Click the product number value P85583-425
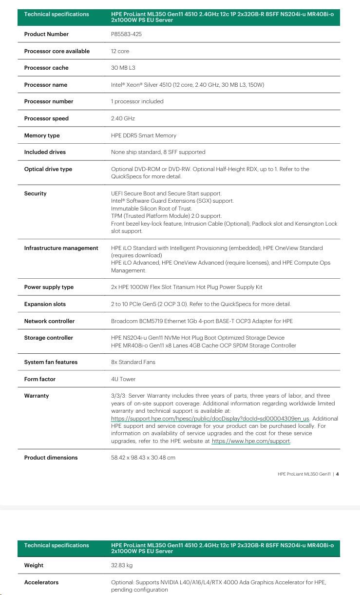127,34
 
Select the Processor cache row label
46,68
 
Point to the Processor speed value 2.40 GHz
123,118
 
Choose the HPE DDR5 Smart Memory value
144,135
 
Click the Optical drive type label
48,169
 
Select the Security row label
36,193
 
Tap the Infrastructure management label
61,248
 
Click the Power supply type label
49,287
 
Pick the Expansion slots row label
45,304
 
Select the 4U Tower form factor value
123,379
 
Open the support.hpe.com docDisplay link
210,419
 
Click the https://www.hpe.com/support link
251,441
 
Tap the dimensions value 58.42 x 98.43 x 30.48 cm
143,458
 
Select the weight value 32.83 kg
122,565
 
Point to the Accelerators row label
41,582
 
